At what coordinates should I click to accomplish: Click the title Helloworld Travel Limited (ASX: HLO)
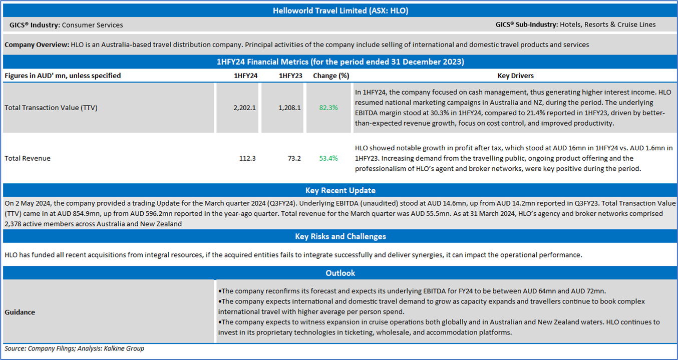click(338, 10)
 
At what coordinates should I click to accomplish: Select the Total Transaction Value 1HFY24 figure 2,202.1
click(245, 108)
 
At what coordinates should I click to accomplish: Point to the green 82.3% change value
click(328, 108)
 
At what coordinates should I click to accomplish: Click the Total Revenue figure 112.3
click(248, 158)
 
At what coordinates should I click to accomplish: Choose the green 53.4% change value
click(328, 158)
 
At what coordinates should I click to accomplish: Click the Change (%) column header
click(330, 76)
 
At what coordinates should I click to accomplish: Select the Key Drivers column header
click(515, 76)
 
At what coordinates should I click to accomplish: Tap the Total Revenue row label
click(28, 158)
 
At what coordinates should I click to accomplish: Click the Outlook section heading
click(340, 273)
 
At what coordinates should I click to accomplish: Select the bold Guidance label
click(20, 312)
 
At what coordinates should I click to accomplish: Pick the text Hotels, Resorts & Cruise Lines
click(607, 25)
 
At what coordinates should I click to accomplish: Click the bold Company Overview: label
click(37, 45)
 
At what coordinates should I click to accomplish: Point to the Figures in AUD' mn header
click(63, 76)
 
